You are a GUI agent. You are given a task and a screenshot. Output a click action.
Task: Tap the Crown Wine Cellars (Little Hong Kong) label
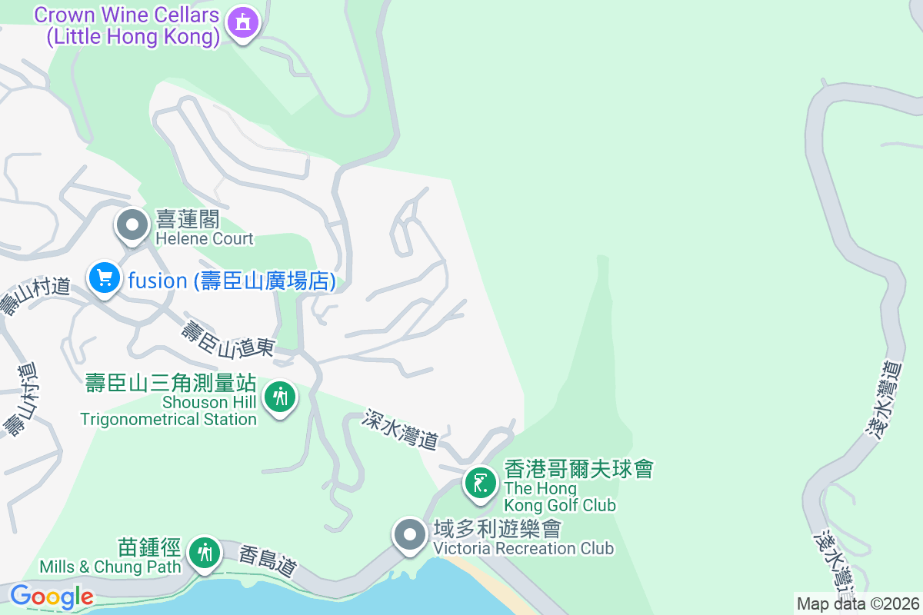(x=127, y=26)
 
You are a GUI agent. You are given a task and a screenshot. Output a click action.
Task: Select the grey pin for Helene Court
(x=132, y=225)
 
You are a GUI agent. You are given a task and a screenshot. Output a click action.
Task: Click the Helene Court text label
(x=204, y=229)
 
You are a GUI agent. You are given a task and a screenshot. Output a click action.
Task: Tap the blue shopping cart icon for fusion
(x=104, y=278)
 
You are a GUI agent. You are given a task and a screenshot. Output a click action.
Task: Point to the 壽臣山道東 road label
(x=228, y=340)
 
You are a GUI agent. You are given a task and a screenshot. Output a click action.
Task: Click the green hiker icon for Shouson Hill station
(x=280, y=397)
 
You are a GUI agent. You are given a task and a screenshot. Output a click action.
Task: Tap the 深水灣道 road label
(x=401, y=429)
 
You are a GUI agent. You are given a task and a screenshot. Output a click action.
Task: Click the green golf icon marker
(x=481, y=484)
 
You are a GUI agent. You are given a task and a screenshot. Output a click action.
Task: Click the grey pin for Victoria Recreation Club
(x=409, y=534)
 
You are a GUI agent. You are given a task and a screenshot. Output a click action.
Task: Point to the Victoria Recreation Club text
(x=523, y=539)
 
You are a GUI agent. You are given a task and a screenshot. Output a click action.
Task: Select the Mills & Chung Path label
(x=111, y=557)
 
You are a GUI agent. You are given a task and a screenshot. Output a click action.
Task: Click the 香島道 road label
(x=268, y=562)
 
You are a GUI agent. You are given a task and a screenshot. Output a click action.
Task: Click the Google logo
(x=52, y=597)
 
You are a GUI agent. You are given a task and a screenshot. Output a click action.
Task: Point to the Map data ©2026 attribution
(x=858, y=603)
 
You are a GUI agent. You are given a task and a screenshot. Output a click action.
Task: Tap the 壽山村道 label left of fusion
(x=35, y=296)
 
